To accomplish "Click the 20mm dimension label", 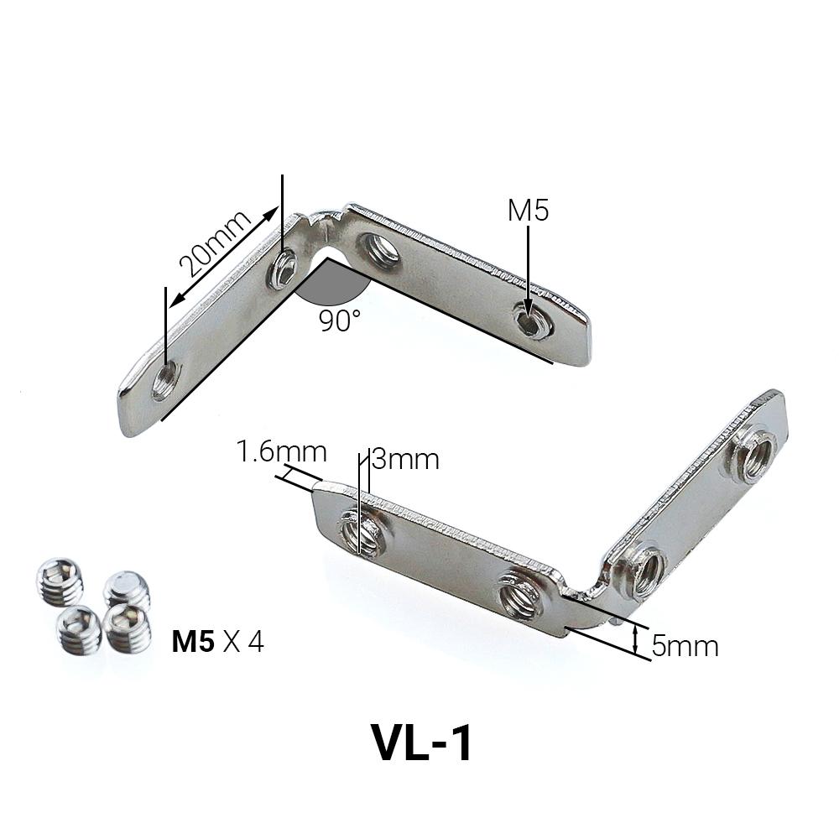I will (215, 244).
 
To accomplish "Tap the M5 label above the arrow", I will (528, 211).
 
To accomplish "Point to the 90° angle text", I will (339, 320).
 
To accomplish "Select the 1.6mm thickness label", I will (281, 452).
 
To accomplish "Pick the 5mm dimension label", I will (685, 646).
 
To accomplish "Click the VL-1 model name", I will (422, 742).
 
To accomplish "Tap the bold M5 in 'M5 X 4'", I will (193, 643).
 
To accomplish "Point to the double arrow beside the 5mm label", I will (636, 640).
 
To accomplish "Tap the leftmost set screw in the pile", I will (60, 581).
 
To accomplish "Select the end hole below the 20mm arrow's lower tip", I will (165, 381).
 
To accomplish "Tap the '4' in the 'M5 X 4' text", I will (256, 643).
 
